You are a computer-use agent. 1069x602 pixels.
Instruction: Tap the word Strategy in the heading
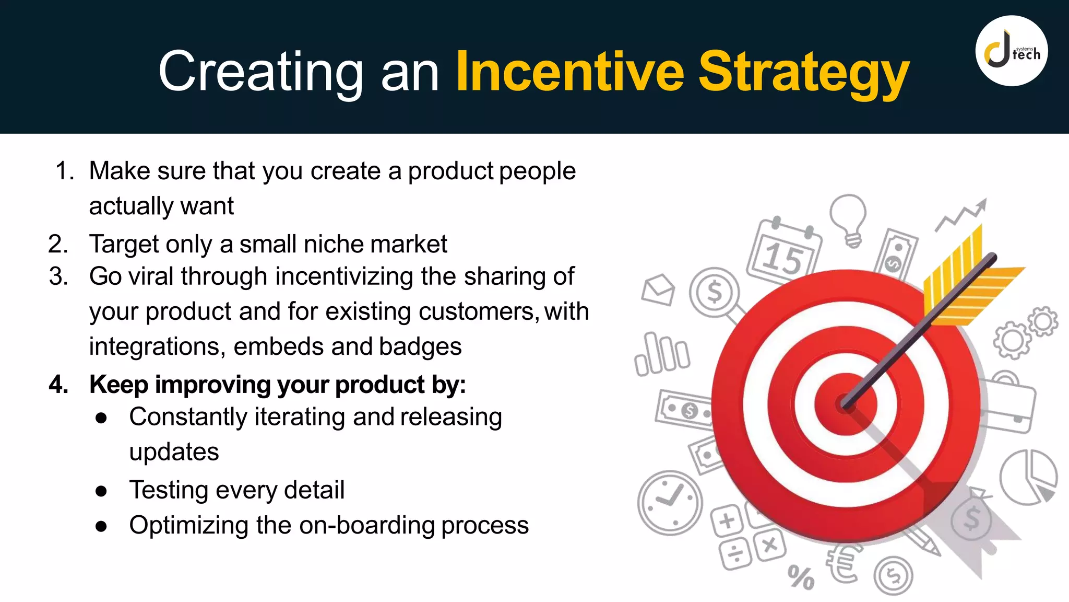804,73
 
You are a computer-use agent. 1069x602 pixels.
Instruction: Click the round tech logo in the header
1011,51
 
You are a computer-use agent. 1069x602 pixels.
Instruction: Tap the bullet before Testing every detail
101,491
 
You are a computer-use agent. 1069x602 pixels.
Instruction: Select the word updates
174,452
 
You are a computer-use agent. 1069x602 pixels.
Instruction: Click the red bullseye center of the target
845,404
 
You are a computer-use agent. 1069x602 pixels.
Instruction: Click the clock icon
670,502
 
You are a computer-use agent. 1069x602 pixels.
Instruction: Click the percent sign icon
801,578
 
